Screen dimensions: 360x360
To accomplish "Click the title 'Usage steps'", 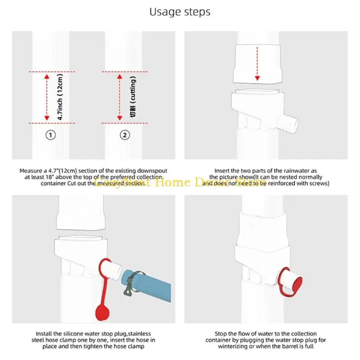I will click(180, 12).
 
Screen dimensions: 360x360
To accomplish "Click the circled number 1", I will click(51, 135).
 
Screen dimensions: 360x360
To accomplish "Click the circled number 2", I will click(125, 135).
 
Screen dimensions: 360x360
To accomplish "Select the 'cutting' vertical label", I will click(133, 97).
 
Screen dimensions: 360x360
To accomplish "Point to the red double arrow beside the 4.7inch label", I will click(46, 97).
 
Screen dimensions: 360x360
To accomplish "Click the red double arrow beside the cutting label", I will click(120, 97).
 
